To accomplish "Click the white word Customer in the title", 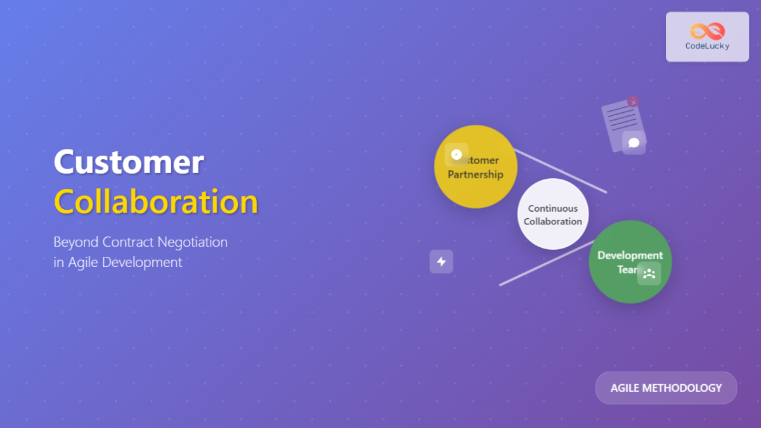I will click(x=128, y=162).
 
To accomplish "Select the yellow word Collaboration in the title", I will click(x=156, y=202).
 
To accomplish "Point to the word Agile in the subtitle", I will click(x=82, y=262).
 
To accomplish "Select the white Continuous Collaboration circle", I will click(x=553, y=214).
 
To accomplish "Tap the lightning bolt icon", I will click(x=441, y=261).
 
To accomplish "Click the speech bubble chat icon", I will click(x=634, y=143).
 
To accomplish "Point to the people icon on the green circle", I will click(x=649, y=274).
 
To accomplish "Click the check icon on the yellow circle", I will click(x=457, y=154).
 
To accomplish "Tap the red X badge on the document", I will click(x=633, y=101).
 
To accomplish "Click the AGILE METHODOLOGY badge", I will click(x=666, y=387).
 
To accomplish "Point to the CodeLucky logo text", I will click(x=707, y=46).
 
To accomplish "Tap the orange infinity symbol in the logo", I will click(x=707, y=30).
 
